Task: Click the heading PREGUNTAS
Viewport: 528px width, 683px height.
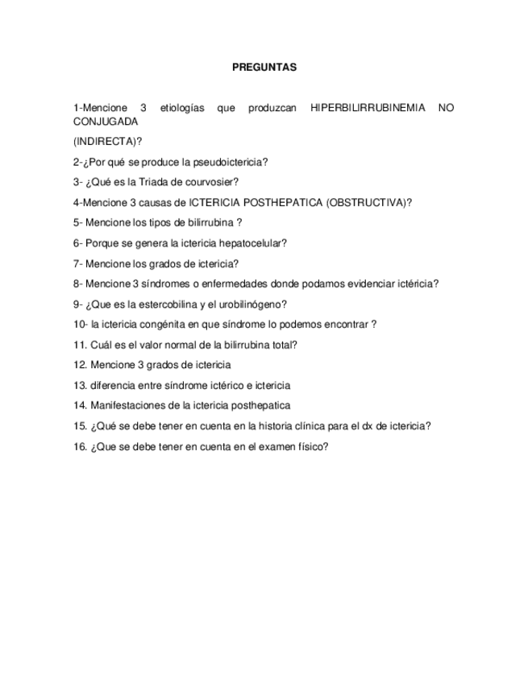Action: [264, 68]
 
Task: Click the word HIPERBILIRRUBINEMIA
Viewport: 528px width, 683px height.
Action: [367, 108]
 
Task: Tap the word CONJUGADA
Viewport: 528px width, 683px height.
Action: [105, 122]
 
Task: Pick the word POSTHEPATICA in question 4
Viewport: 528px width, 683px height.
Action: [285, 203]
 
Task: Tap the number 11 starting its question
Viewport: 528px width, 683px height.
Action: [78, 345]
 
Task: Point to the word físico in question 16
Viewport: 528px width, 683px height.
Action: [311, 447]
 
